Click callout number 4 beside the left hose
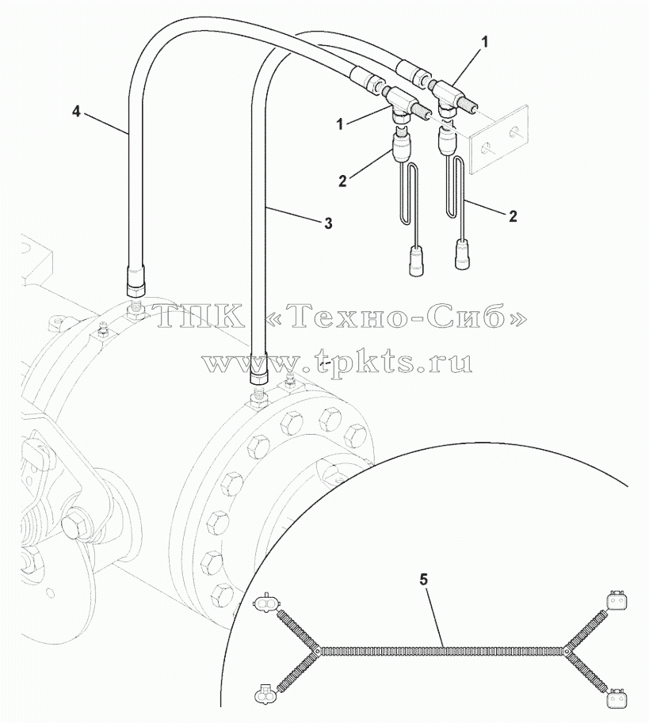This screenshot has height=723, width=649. [x=77, y=112]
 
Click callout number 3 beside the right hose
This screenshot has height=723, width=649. [x=328, y=223]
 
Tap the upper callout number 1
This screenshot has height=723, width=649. [x=484, y=43]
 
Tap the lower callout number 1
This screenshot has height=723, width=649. [x=340, y=124]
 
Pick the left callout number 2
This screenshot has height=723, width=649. [x=342, y=181]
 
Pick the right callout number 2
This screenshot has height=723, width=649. [x=513, y=216]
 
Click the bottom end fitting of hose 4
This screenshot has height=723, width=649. [x=136, y=282]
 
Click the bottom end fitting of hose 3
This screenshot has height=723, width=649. [x=259, y=368]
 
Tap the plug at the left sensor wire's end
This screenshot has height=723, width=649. [x=418, y=261]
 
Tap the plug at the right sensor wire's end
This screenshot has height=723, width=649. [x=463, y=254]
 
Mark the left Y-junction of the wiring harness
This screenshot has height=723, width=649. [x=317, y=651]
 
